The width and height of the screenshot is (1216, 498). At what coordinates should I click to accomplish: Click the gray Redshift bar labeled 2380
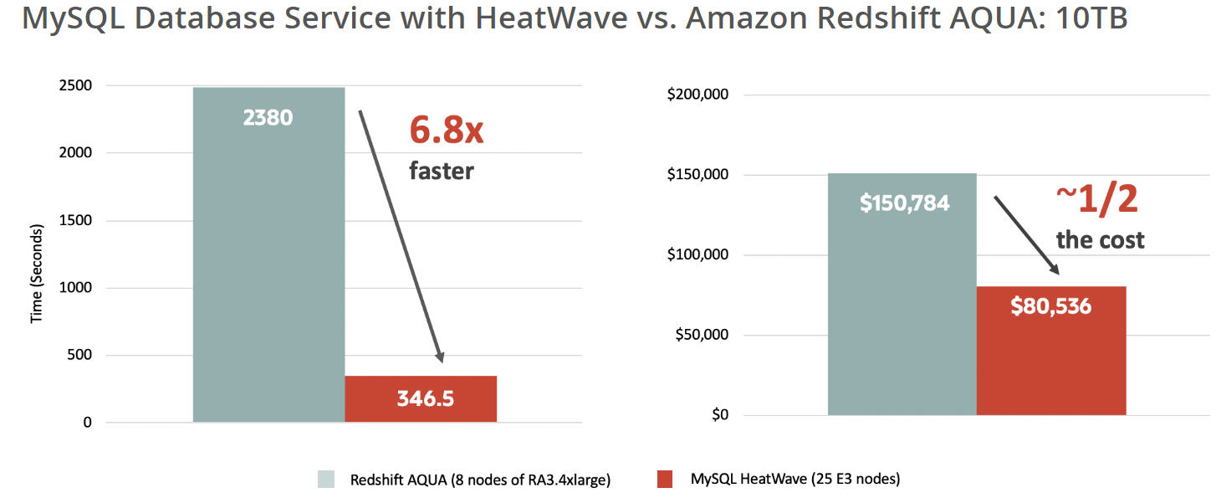click(268, 251)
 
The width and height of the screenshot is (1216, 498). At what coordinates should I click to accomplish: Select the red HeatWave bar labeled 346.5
click(421, 398)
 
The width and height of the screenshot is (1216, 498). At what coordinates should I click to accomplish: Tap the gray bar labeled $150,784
click(902, 293)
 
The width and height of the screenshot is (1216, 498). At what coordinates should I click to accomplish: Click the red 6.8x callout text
click(447, 131)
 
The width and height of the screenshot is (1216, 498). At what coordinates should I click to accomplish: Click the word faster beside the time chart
click(441, 172)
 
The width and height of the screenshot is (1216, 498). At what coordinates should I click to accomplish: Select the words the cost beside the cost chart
click(1100, 240)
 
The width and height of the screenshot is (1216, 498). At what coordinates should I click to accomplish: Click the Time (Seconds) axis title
click(36, 273)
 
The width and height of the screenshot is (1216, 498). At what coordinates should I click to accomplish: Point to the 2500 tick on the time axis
click(77, 85)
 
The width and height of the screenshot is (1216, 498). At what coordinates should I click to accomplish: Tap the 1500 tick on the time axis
click(77, 221)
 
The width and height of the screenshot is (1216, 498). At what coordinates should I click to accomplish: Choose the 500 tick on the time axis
click(81, 356)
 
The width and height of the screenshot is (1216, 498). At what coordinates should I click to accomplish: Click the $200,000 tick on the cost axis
click(698, 95)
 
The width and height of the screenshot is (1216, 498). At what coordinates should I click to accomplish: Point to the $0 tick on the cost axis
click(720, 415)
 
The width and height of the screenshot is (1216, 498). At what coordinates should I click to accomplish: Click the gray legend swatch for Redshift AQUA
click(326, 480)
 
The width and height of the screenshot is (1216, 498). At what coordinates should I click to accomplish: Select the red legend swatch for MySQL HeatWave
click(665, 480)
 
